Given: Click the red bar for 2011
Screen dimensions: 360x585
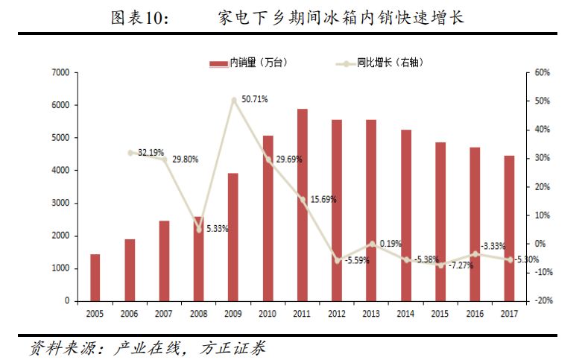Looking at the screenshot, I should tap(303, 205).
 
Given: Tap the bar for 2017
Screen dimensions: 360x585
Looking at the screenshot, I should tap(509, 228).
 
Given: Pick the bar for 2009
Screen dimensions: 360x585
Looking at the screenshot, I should tap(233, 237).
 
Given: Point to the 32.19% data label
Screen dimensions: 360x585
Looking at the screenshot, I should tap(151, 152).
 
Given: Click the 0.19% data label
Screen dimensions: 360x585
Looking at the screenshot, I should tap(390, 244).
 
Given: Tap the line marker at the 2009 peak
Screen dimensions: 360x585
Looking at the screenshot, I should tap(234, 99).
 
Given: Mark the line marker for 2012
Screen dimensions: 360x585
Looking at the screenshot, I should tap(337, 260).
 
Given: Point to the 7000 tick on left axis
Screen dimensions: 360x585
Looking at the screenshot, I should tap(61, 73).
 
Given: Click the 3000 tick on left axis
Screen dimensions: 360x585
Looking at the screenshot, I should tap(61, 203).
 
